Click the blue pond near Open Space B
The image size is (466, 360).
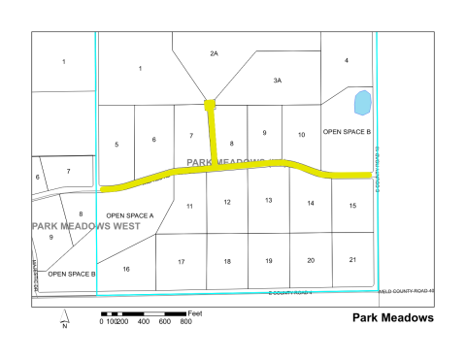[x=362, y=102]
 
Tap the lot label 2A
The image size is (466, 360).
[x=215, y=54]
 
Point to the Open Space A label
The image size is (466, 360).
[x=130, y=215]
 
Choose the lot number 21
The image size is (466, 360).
[x=352, y=259]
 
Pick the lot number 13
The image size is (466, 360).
[x=268, y=200]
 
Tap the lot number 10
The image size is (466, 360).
[x=301, y=134]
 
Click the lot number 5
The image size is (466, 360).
[x=116, y=145]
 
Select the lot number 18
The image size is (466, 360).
[x=226, y=262]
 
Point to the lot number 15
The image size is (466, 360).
[x=352, y=205]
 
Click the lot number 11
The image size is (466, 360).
[x=189, y=206]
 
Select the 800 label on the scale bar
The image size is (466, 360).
[x=185, y=322]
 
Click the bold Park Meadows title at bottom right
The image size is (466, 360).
[x=392, y=318]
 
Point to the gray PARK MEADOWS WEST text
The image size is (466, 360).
[x=85, y=226]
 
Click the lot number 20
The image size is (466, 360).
[x=310, y=260]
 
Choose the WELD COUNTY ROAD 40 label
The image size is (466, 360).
[x=407, y=289]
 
